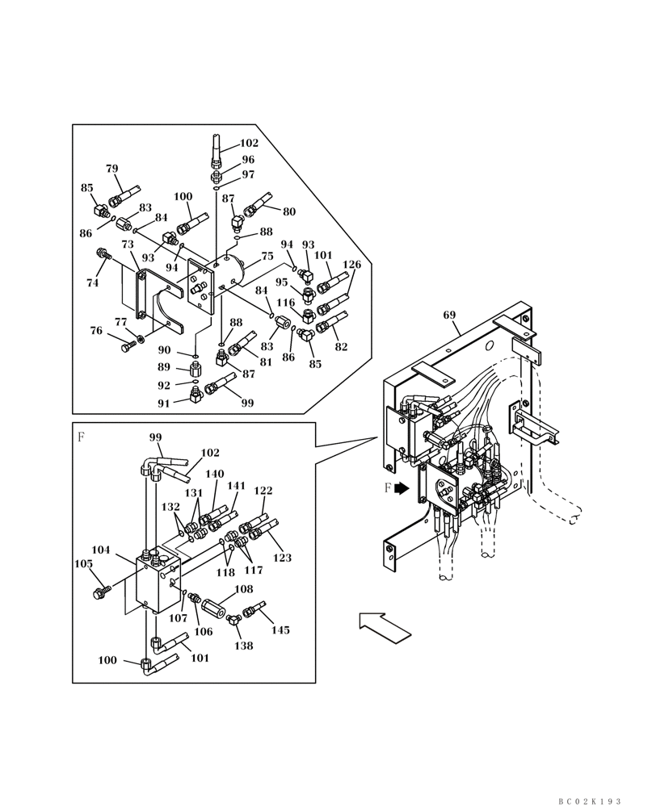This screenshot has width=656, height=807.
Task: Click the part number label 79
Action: (x=112, y=169)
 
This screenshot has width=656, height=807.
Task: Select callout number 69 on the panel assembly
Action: (x=450, y=315)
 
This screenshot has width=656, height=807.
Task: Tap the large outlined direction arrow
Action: (x=385, y=625)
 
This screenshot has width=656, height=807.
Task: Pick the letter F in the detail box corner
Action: (x=81, y=437)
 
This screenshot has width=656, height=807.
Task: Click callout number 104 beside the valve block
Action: (x=101, y=550)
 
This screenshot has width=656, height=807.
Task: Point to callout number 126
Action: (x=351, y=264)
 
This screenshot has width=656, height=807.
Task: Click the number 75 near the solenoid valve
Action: (x=267, y=256)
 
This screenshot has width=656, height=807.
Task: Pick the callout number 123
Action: (x=282, y=558)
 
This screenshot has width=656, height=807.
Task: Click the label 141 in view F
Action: (x=236, y=486)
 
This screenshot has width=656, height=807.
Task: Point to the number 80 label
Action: (x=288, y=212)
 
